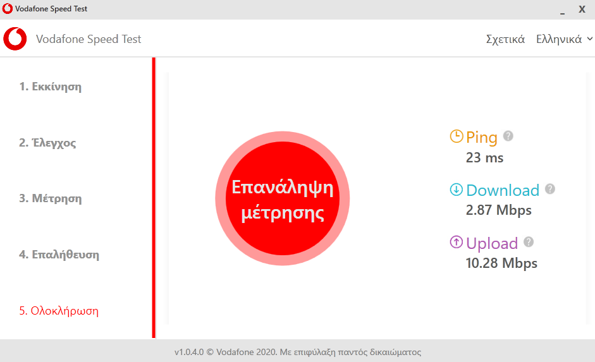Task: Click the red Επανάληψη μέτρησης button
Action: point(282,198)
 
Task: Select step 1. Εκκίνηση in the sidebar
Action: point(51,87)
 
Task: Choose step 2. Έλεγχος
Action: point(47,143)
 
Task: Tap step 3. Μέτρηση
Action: point(51,198)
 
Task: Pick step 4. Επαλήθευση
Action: point(59,255)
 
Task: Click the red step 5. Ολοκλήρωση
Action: point(59,311)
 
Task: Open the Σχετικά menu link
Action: point(505,39)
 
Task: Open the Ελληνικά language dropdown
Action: point(564,39)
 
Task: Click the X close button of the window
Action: point(582,9)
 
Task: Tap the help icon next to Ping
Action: point(508,136)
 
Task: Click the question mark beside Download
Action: point(550,189)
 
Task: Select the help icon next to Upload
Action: point(529,242)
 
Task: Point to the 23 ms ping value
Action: point(484,158)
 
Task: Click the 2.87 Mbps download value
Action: point(499,210)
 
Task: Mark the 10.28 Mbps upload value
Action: point(501,263)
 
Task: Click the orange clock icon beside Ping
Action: point(457,136)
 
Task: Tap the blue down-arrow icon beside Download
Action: point(456,190)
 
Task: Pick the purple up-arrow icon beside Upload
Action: point(456,242)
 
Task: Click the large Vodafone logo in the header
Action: point(15,39)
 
